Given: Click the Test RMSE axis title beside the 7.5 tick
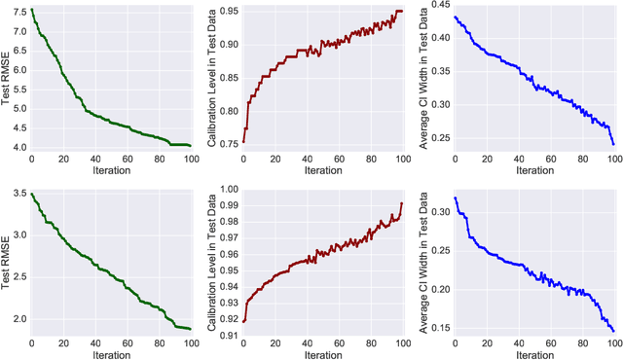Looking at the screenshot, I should (x=6, y=76).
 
